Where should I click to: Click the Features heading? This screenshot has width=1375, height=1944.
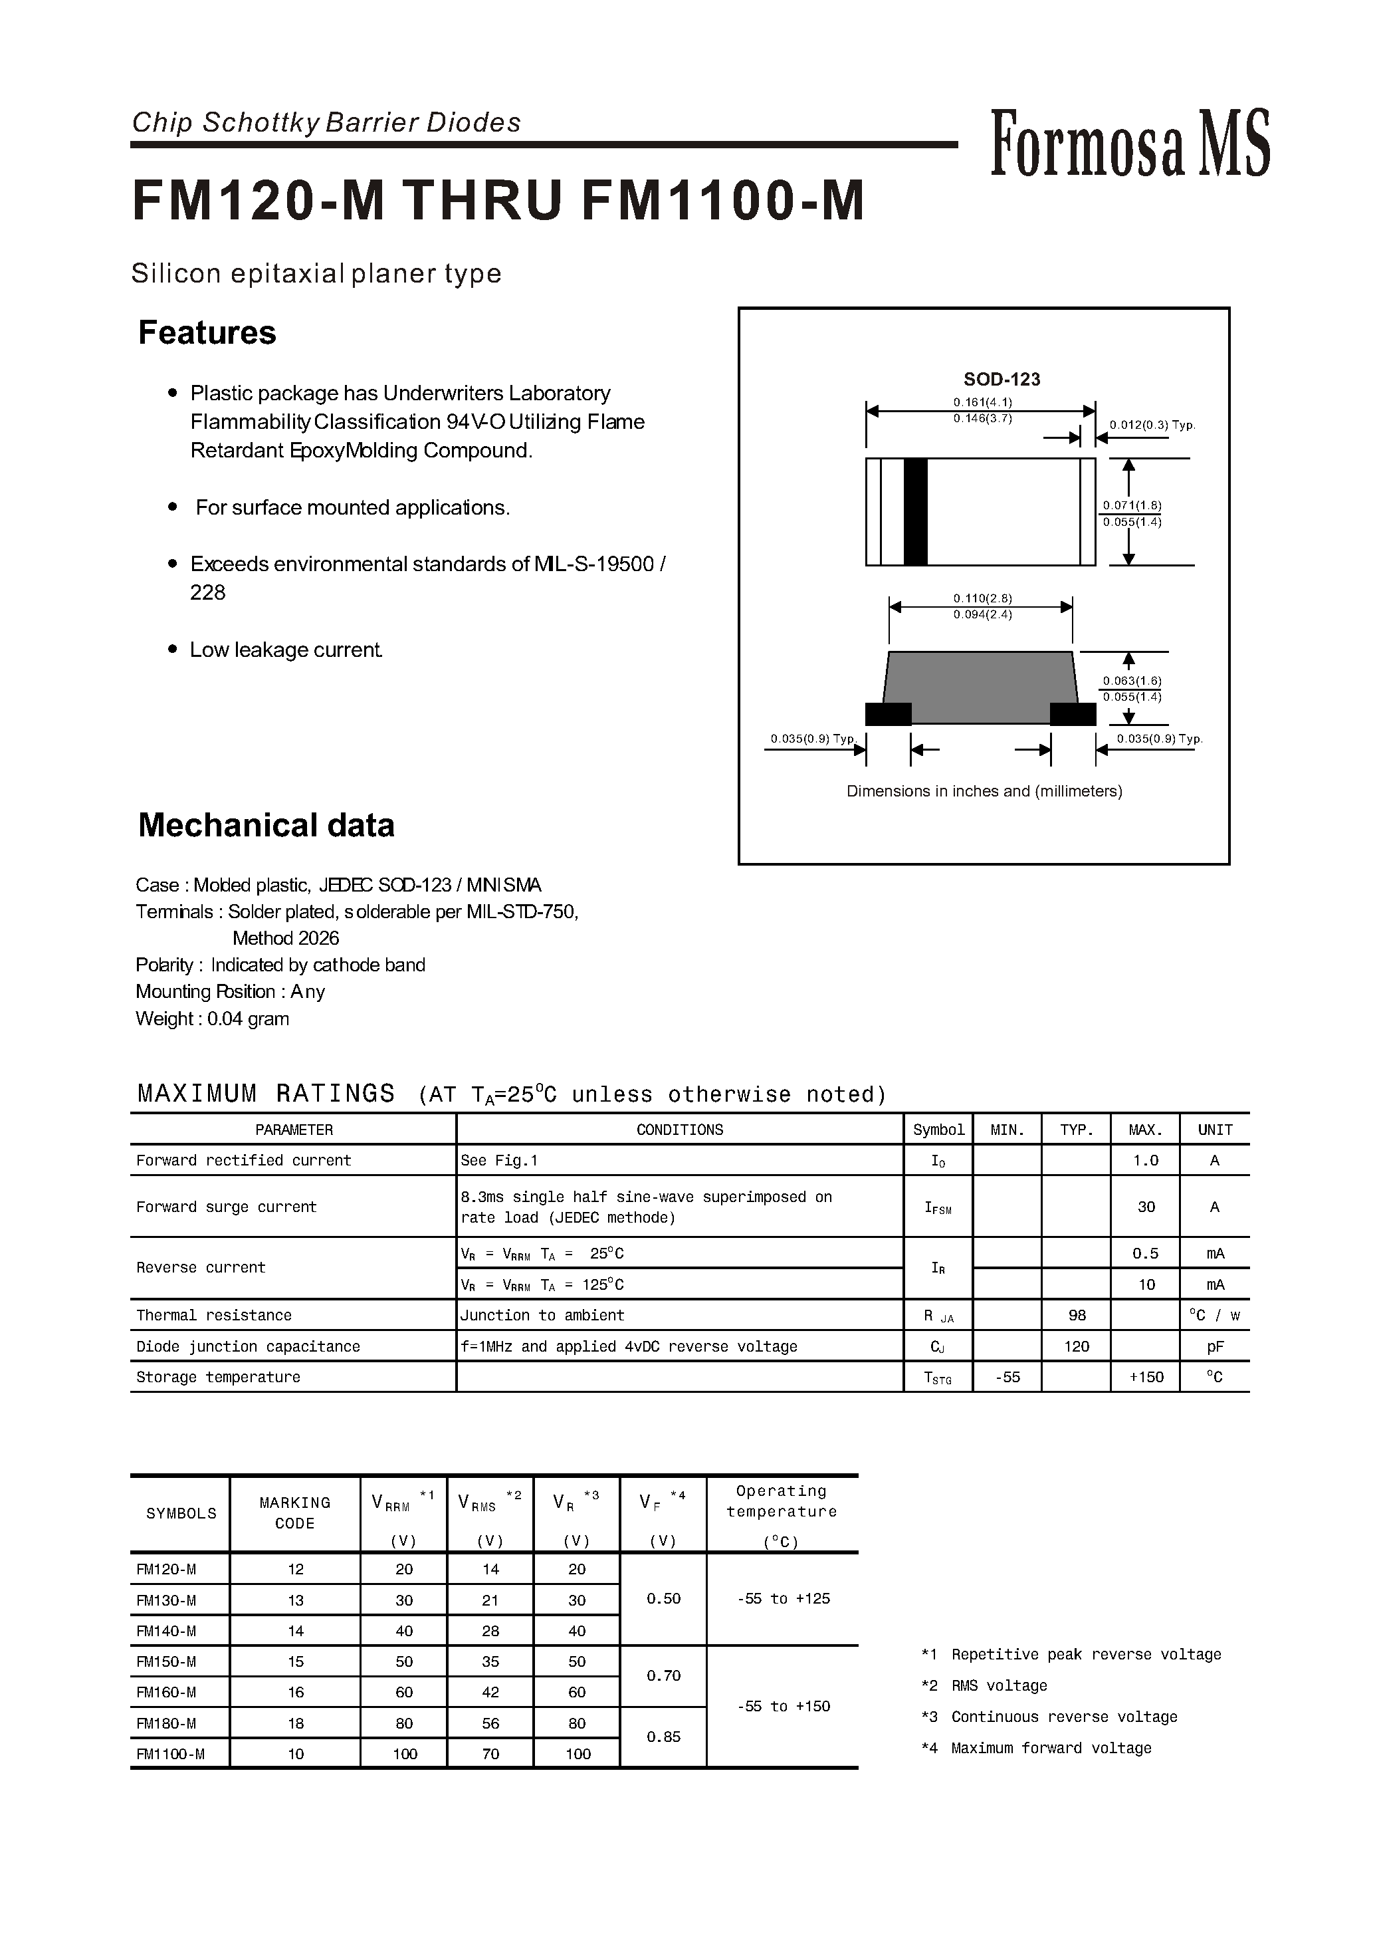tap(207, 333)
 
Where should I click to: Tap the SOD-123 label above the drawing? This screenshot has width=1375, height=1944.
tap(1002, 380)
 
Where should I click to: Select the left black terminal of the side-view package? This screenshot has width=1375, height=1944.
tap(888, 714)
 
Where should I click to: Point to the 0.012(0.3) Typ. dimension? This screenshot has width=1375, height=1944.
tap(1152, 425)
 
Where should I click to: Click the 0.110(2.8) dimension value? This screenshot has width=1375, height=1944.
tap(982, 598)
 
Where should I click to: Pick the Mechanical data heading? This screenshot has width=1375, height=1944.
tap(266, 825)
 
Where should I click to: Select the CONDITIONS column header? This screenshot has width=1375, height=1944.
tap(679, 1130)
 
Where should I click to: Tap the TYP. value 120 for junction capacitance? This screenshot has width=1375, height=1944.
tap(1076, 1346)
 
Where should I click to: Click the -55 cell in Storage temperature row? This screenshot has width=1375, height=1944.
tap(1007, 1378)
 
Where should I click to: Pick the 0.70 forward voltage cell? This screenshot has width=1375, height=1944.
tap(663, 1675)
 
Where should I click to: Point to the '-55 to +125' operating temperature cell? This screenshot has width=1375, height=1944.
tap(783, 1598)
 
